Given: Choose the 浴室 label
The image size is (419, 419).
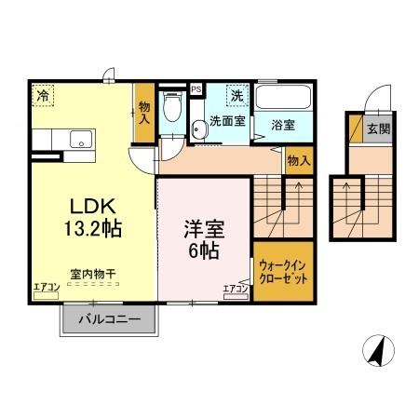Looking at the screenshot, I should pos(284,121).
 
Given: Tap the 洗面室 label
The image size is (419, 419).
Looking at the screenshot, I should pos(226,121).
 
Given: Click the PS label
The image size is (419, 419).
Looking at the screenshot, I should pos(196,89).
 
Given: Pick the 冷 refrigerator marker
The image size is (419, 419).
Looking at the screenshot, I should pos(43,94).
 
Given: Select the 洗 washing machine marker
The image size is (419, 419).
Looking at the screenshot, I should pos(237,95).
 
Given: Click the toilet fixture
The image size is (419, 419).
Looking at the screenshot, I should pos(170,109).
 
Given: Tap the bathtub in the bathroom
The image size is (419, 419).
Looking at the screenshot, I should pos(284,98).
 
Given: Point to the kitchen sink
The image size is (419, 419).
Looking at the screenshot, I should pos(80,141).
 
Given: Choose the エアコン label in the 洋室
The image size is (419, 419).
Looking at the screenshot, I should pos(235,289).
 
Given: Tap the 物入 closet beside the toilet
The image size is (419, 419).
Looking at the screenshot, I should pos(144,113).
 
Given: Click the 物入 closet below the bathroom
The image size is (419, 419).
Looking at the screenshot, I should pos(298,161).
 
